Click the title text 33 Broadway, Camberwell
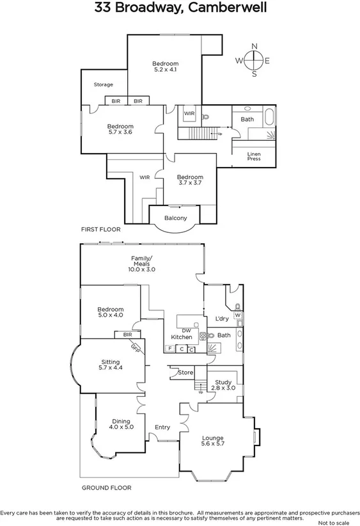(180, 8)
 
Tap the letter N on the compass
(254, 46)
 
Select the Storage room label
(104, 84)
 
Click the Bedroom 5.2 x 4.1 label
(165, 67)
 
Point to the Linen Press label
(254, 156)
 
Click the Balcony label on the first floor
(176, 218)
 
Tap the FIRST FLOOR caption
(100, 228)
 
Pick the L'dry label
(222, 318)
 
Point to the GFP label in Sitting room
(135, 349)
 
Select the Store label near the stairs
(185, 372)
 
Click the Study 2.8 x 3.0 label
(223, 385)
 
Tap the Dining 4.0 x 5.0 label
(121, 424)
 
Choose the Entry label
(162, 427)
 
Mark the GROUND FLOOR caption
(106, 488)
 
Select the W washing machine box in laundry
(237, 315)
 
